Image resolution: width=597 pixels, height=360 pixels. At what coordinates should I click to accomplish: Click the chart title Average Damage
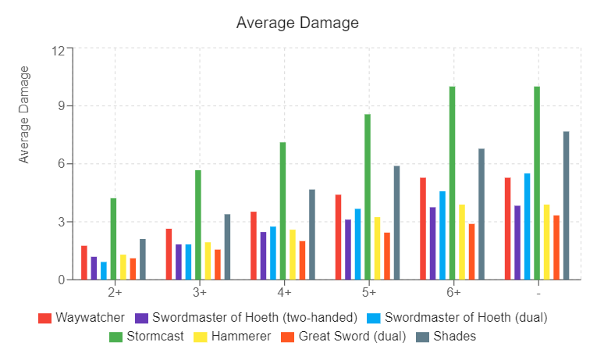(x=297, y=23)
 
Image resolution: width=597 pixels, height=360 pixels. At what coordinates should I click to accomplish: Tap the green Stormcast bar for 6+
(x=452, y=183)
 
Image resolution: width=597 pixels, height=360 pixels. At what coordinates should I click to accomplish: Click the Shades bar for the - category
(x=566, y=205)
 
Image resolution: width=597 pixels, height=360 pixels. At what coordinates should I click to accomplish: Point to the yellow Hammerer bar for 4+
(x=293, y=254)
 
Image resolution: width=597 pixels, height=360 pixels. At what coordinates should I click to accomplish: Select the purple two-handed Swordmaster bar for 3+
(x=179, y=262)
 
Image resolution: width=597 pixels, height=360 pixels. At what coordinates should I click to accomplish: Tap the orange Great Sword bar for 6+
(x=471, y=251)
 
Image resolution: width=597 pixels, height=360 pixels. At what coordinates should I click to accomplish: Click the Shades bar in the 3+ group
(x=227, y=246)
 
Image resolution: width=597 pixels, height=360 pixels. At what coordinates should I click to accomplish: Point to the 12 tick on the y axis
(x=59, y=48)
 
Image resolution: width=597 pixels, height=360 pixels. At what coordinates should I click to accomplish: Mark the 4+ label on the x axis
(x=283, y=292)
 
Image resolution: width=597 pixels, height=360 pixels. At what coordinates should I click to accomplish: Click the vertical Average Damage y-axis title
(x=24, y=114)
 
